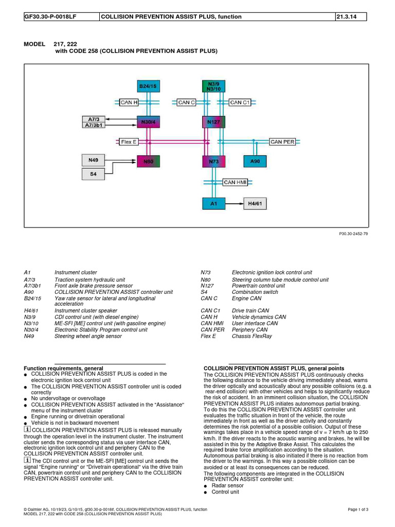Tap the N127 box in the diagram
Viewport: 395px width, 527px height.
pos(213,122)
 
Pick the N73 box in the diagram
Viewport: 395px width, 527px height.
pos(213,162)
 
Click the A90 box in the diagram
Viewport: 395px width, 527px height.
pos(255,162)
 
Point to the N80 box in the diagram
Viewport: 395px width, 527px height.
pos(148,162)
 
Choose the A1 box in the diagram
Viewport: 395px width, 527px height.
pos(213,204)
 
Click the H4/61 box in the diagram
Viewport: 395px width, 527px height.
pos(256,204)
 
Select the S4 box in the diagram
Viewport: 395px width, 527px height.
pos(93,174)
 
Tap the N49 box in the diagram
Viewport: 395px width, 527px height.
pos(93,161)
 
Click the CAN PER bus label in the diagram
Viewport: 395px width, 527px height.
pos(283,142)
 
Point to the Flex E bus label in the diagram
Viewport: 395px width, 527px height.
pos(129,142)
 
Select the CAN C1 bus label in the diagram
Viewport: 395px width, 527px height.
pos(239,102)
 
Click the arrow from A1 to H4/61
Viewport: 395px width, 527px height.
pos(235,204)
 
